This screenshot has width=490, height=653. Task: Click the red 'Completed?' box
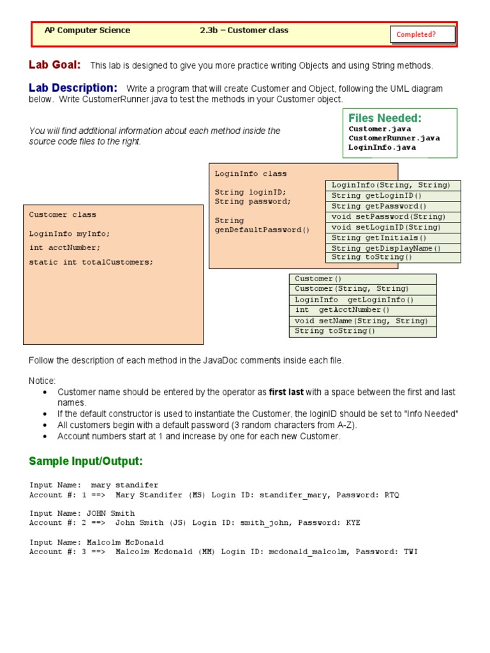[x=422, y=34]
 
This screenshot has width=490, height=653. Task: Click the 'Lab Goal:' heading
[x=55, y=64]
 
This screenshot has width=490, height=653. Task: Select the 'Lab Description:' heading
[x=73, y=87]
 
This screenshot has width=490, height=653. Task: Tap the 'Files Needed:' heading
[x=385, y=118]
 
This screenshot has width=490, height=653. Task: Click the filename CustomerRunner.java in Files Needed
[x=394, y=138]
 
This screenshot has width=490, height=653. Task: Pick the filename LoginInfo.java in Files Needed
[x=382, y=147]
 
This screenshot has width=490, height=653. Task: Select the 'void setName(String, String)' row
[x=362, y=321]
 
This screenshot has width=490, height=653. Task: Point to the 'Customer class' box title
[x=63, y=215]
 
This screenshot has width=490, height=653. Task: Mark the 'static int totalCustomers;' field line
[x=91, y=262]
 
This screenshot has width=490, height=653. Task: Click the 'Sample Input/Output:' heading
[x=86, y=461]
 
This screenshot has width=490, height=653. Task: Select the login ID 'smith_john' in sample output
[x=265, y=523]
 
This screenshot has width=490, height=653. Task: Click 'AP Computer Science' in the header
[x=87, y=30]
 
